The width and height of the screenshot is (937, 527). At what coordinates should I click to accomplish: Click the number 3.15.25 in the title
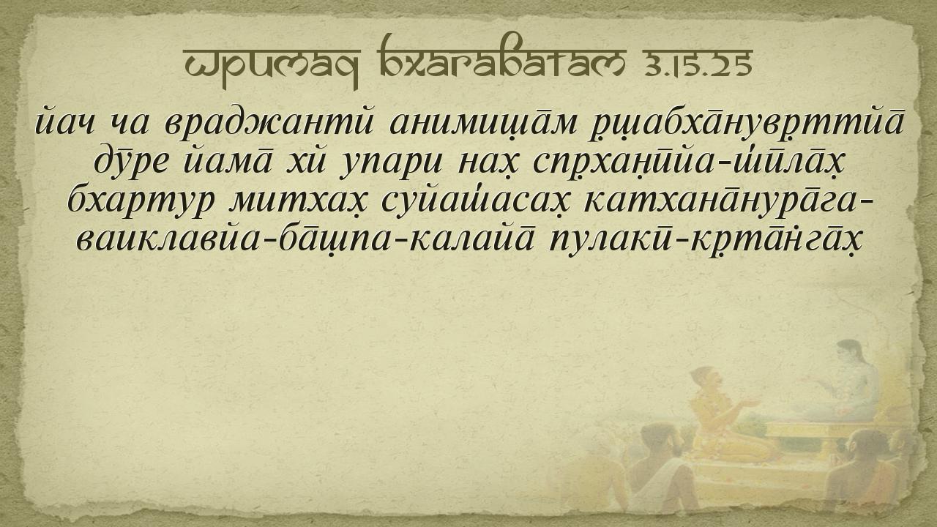click(698, 64)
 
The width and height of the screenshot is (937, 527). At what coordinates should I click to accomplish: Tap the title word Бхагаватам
click(501, 59)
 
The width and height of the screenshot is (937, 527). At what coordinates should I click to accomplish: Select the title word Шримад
click(272, 67)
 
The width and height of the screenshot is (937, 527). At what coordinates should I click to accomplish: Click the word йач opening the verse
click(65, 123)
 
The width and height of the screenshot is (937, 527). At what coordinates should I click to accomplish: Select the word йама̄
click(228, 160)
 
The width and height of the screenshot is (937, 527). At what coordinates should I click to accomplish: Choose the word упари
click(391, 162)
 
